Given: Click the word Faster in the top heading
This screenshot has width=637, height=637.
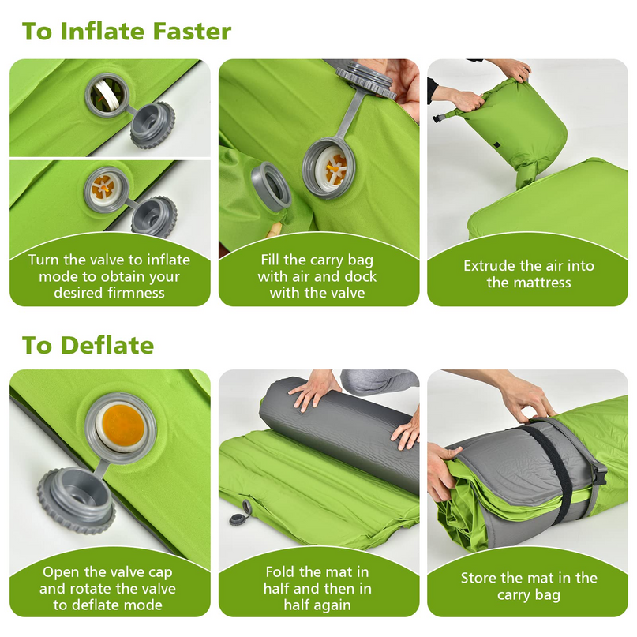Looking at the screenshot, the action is pyautogui.click(x=192, y=32).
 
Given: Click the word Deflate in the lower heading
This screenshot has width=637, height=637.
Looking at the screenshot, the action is pyautogui.click(x=107, y=345).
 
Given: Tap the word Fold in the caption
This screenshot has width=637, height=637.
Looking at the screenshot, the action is pyautogui.click(x=280, y=572).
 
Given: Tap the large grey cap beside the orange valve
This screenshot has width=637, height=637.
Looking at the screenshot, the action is pyautogui.click(x=77, y=501).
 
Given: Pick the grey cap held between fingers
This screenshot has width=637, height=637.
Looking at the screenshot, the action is pyautogui.click(x=365, y=81).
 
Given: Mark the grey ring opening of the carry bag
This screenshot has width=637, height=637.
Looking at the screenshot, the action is pyautogui.click(x=270, y=187).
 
